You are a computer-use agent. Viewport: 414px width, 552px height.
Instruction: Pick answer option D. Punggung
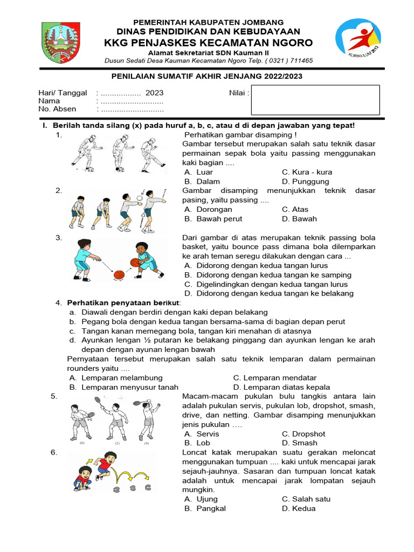pyautogui.click(x=305, y=182)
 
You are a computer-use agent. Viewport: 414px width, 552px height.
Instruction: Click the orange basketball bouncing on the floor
pyautogui.click(x=119, y=275)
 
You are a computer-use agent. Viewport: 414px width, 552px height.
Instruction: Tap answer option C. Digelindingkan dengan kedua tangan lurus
pyautogui.click(x=266, y=284)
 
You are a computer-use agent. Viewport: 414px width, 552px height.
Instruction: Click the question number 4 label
pyautogui.click(x=59, y=303)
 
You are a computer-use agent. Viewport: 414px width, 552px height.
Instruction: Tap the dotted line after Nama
pyautogui.click(x=132, y=101)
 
